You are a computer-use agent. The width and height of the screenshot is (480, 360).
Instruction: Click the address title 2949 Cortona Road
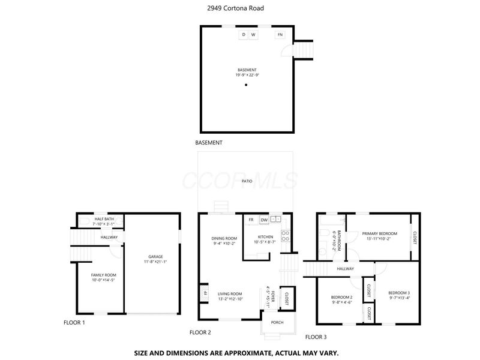pyautogui.click(x=239, y=8)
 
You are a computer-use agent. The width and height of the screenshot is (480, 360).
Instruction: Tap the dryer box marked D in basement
pyautogui.click(x=244, y=35)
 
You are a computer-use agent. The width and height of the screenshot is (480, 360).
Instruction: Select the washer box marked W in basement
pyautogui.click(x=253, y=35)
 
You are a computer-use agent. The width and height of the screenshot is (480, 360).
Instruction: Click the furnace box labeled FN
pyautogui.click(x=280, y=35)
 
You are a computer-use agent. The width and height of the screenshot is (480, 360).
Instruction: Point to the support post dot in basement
pyautogui.click(x=245, y=85)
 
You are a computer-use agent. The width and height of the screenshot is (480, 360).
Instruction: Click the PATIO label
pyautogui.click(x=247, y=181)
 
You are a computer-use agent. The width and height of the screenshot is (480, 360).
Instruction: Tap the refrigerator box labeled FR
pyautogui.click(x=251, y=220)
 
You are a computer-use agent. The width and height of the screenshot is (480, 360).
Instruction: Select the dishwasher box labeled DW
pyautogui.click(x=263, y=220)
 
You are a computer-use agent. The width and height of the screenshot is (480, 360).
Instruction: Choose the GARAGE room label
pyautogui.click(x=155, y=257)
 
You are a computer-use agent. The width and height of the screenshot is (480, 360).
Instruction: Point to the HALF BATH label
pyautogui.click(x=104, y=219)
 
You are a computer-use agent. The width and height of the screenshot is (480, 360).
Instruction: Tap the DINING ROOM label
pyautogui.click(x=224, y=238)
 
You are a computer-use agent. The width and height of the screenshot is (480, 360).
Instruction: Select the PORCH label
pyautogui.click(x=277, y=322)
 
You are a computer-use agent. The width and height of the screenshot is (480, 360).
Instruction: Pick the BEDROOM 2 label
pyautogui.click(x=342, y=297)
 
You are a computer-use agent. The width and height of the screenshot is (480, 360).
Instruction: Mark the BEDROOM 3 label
pyautogui.click(x=399, y=293)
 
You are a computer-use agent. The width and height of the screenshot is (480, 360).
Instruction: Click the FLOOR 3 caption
pyautogui.click(x=316, y=337)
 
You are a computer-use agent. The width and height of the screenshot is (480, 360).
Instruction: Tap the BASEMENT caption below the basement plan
pyautogui.click(x=209, y=143)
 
